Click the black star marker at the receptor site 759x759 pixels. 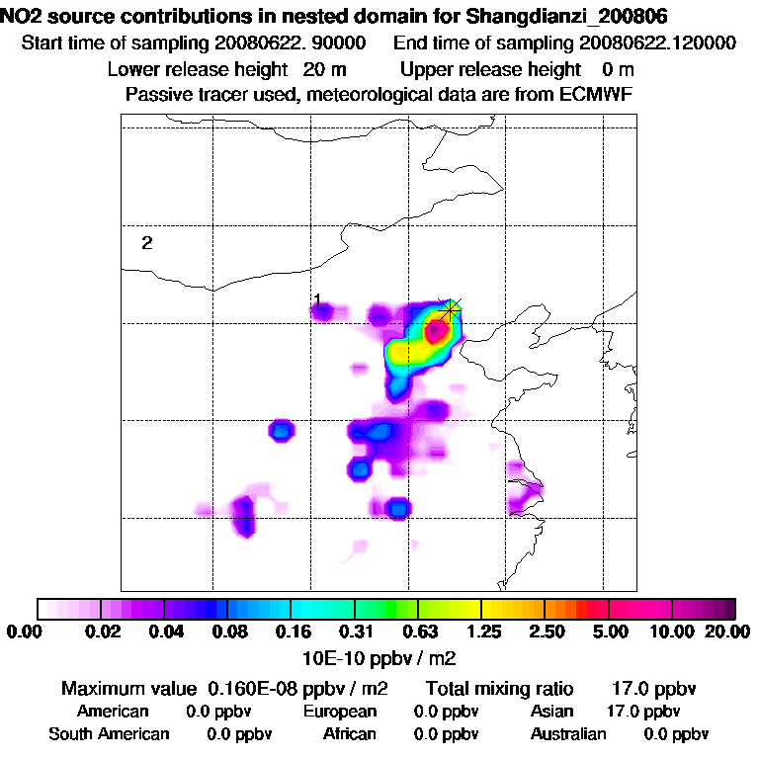451,310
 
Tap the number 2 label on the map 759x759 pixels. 146,243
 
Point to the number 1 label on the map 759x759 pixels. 317,299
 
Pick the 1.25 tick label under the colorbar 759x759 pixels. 482,632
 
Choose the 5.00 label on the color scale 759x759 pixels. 610,632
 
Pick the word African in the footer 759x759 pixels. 350,734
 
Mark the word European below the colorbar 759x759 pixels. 340,712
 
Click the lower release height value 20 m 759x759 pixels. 325,70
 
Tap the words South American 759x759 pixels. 109,734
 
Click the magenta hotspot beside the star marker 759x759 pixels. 433,331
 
